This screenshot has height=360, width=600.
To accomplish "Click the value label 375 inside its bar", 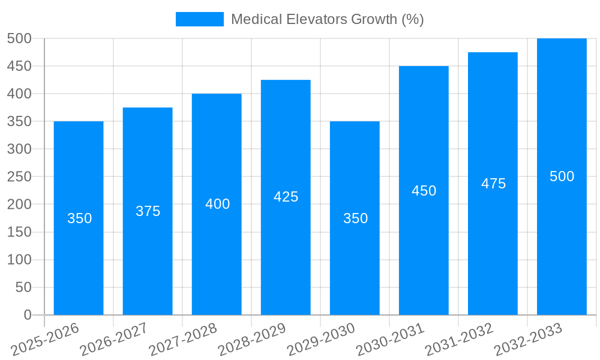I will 148,211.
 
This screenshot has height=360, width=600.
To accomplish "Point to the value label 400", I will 217,204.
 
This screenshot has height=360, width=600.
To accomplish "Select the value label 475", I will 493,184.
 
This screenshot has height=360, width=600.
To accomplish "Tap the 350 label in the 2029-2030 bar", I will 355,218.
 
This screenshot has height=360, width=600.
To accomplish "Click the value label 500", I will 562,176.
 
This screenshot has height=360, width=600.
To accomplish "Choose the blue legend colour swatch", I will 199,19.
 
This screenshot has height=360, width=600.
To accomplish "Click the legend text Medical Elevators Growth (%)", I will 327,19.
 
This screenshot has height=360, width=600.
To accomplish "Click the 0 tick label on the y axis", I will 27,315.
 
